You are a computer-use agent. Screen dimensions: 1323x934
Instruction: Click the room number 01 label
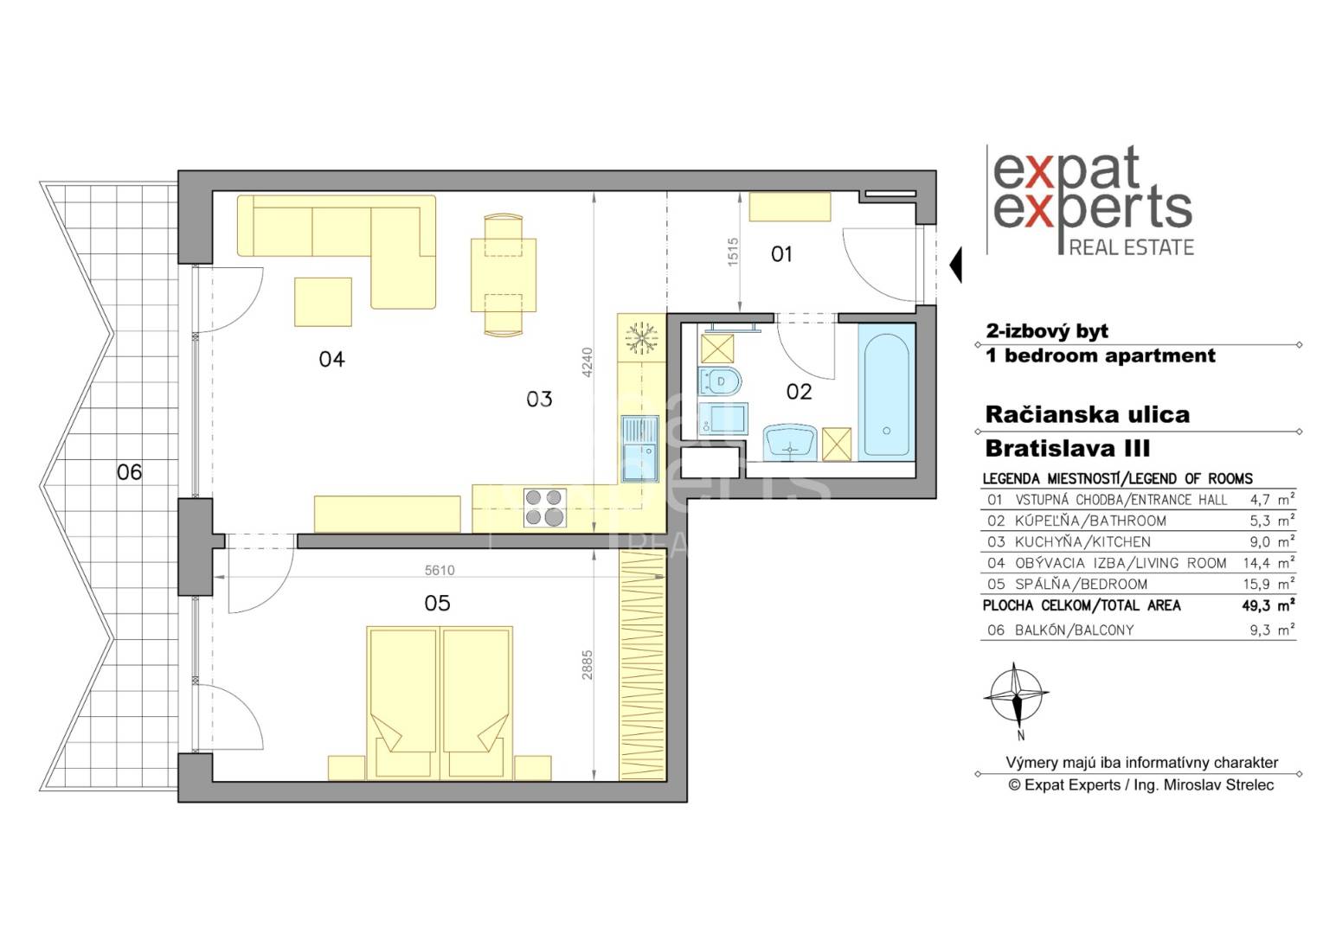[x=781, y=254]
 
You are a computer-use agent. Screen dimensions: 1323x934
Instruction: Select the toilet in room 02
[x=719, y=381]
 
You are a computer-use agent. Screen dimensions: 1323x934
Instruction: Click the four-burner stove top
[x=544, y=507]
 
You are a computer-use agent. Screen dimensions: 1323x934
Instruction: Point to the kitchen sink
[x=639, y=449]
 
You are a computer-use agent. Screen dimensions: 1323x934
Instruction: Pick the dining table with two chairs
[x=504, y=275]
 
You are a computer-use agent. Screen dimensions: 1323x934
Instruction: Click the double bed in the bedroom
[x=440, y=703]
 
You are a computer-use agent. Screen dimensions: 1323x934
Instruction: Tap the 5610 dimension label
[x=440, y=570]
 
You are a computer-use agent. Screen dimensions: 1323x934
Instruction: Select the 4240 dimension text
[x=587, y=363]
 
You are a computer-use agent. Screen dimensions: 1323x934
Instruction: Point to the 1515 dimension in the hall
[x=733, y=253]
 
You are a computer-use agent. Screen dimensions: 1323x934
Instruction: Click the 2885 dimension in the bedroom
[x=587, y=665]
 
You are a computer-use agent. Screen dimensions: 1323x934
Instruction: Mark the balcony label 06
[x=129, y=472]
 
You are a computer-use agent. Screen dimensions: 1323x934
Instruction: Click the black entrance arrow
[x=955, y=265]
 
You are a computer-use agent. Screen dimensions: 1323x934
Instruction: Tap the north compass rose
[x=1016, y=698]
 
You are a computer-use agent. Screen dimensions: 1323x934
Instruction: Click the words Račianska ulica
[x=1088, y=414]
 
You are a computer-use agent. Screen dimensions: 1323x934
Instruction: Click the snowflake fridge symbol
[x=641, y=338]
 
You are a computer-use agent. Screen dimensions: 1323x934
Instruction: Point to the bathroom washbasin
[x=790, y=442]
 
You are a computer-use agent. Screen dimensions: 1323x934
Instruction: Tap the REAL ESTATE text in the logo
[x=1132, y=247]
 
